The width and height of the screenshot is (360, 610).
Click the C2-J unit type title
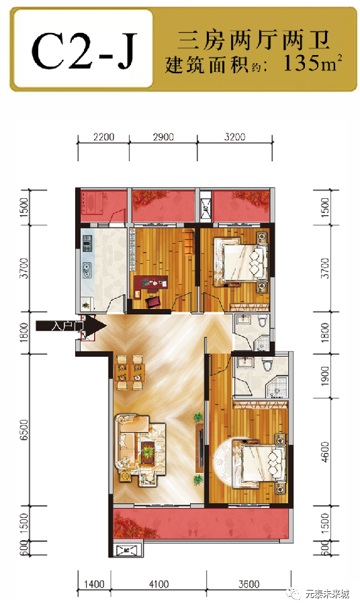pyautogui.click(x=84, y=50)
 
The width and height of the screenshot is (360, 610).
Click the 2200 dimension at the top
pyautogui.click(x=104, y=137)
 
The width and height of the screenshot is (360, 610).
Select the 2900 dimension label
pyautogui.click(x=163, y=137)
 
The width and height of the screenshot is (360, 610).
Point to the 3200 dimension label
pyautogui.click(x=235, y=137)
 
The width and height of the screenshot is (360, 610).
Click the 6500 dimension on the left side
pyautogui.click(x=24, y=429)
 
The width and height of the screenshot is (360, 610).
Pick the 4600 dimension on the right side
pyautogui.click(x=325, y=451)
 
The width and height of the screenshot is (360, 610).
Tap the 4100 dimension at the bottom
pyautogui.click(x=159, y=584)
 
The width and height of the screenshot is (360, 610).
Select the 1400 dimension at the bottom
pyautogui.click(x=94, y=584)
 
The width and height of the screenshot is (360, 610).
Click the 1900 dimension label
pyautogui.click(x=325, y=376)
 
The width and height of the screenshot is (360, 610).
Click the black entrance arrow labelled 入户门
pyautogui.click(x=71, y=325)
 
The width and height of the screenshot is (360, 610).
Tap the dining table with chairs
pyautogui.click(x=130, y=372)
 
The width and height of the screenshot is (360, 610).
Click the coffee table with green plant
pyautogui.click(x=147, y=452)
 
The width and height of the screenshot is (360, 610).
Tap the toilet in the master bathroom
pyautogui.click(x=267, y=365)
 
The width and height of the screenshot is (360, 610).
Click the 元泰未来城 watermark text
pyautogui.click(x=327, y=594)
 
